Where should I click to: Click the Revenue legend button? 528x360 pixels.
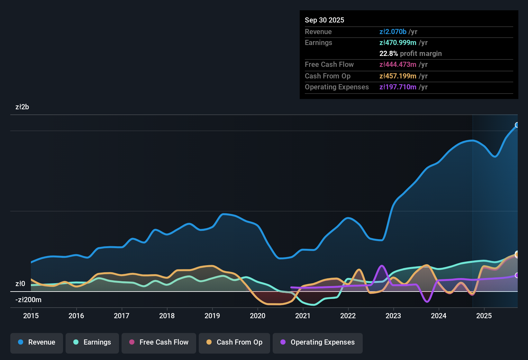click(x=37, y=343)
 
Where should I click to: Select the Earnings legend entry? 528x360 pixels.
click(x=92, y=343)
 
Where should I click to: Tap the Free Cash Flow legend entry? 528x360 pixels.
click(x=159, y=343)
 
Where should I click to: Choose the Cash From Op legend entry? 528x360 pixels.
click(x=234, y=343)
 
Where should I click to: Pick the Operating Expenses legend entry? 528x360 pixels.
click(x=318, y=343)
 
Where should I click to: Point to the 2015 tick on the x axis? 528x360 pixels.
click(x=31, y=316)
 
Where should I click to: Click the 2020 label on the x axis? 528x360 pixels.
click(x=258, y=316)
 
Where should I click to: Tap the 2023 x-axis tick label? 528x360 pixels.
click(x=393, y=316)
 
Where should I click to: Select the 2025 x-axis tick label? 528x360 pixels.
click(x=484, y=316)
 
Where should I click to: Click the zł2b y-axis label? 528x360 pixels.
click(x=22, y=107)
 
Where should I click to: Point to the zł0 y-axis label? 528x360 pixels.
click(x=20, y=283)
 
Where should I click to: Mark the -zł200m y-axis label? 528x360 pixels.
click(x=28, y=300)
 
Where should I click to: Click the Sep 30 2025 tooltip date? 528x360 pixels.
click(x=324, y=20)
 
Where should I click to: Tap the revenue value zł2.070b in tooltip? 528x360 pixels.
click(x=393, y=32)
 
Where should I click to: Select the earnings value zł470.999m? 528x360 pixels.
click(x=398, y=42)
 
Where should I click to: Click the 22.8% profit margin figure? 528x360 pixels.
click(x=388, y=53)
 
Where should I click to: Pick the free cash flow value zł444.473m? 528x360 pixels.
click(x=398, y=64)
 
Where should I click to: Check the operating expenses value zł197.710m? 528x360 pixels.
click(x=398, y=87)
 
